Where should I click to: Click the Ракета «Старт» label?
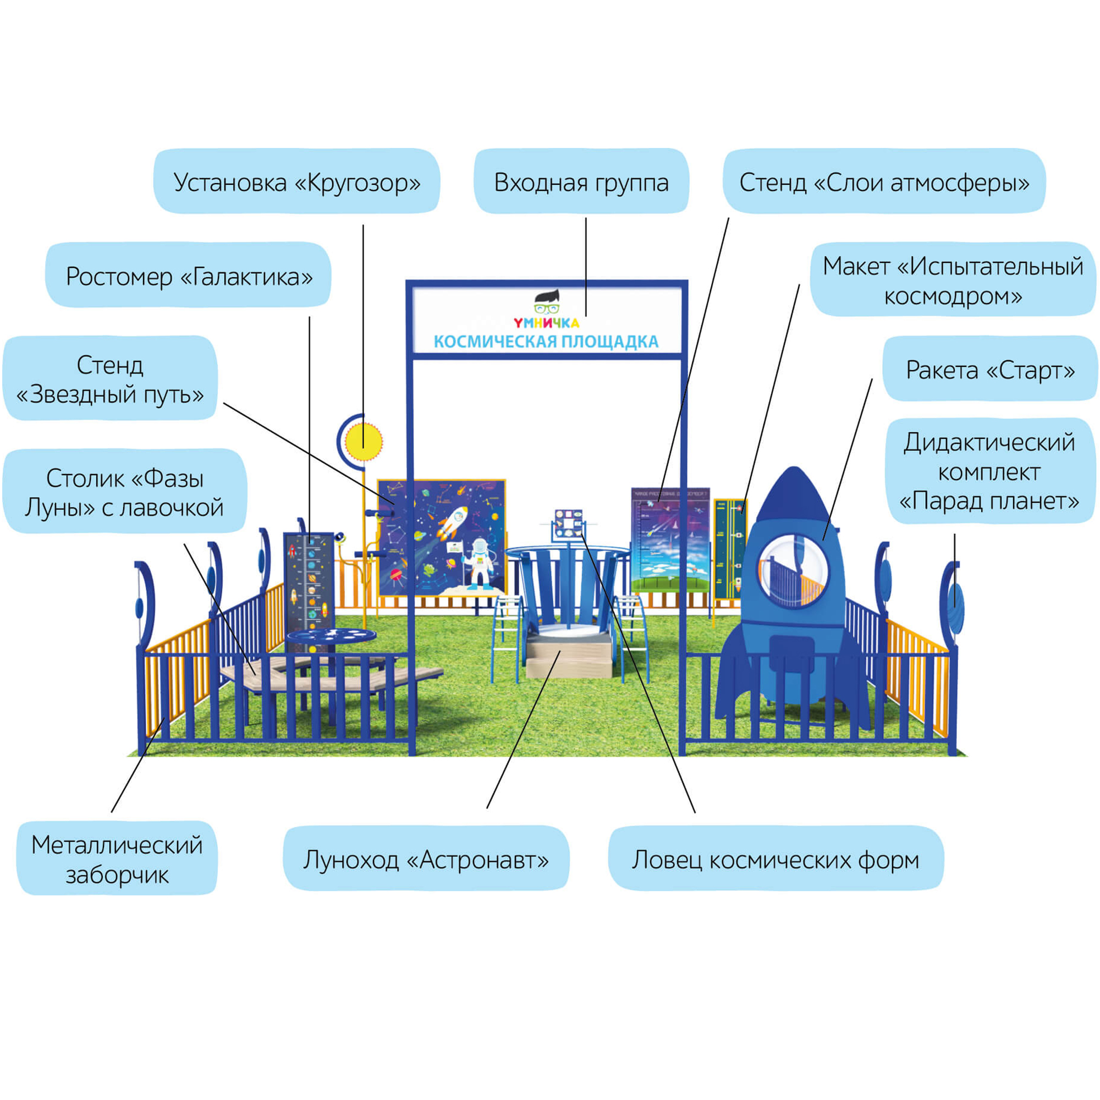pos(989,370)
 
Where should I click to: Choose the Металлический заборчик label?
pos(117,859)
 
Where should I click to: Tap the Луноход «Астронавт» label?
pos(426,859)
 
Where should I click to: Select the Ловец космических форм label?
pos(775,859)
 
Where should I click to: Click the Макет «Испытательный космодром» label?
pos(953,280)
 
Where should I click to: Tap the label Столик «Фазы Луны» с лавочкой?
pos(124,492)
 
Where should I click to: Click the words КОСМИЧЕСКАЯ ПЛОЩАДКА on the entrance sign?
pos(546,342)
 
